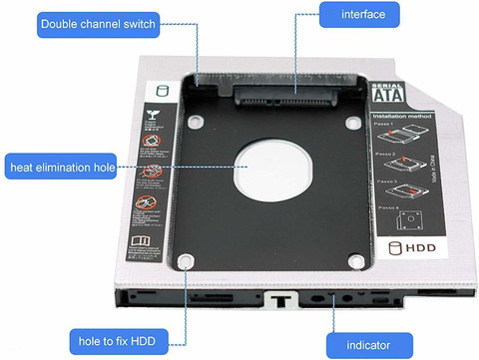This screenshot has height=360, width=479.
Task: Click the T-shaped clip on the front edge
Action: click(277, 296)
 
